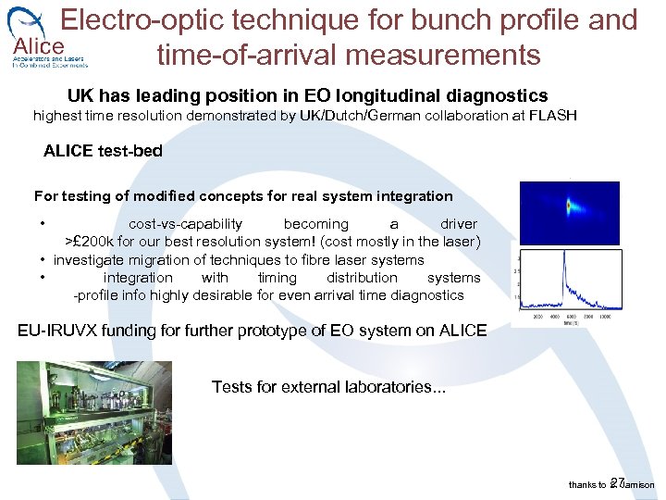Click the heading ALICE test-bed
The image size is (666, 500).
click(103, 151)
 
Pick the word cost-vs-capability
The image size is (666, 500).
click(185, 224)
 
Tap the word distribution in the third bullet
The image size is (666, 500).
click(362, 278)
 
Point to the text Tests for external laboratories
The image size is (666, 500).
click(327, 386)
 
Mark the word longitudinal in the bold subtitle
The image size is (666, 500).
click(396, 95)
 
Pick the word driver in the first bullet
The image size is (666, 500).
click(459, 224)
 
